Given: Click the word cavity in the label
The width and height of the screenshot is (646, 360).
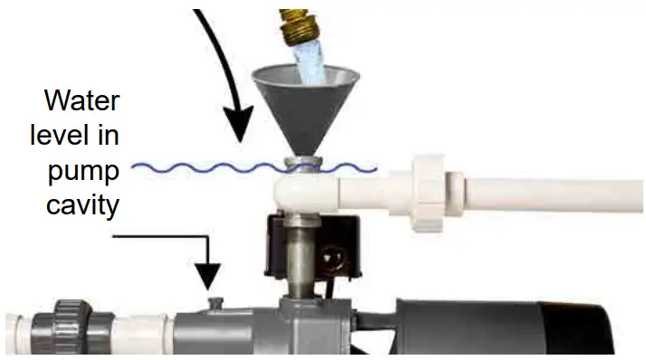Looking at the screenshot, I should click(82, 205).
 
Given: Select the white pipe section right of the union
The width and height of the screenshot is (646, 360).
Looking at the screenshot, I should click(543, 195).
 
